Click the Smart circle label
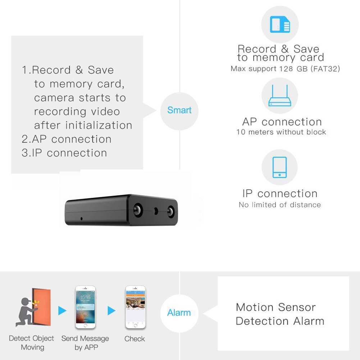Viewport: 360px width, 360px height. [x=179, y=110]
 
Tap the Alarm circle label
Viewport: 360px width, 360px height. [x=179, y=313]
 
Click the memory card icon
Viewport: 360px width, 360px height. [x=280, y=25]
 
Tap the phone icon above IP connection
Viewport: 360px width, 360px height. [x=279, y=167]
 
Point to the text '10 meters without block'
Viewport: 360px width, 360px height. [x=281, y=132]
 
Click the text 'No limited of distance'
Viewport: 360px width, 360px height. [x=279, y=205]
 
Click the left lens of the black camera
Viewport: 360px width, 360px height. [x=138, y=210]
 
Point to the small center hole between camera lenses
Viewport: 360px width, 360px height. [x=156, y=211]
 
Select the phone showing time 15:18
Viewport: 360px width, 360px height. [x=85, y=307]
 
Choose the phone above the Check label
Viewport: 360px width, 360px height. [x=135, y=307]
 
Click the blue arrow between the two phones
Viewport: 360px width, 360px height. [x=111, y=310]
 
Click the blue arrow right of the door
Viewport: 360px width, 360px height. [x=62, y=310]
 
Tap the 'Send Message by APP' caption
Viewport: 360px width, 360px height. [x=85, y=343]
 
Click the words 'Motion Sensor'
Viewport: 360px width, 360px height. [x=275, y=307]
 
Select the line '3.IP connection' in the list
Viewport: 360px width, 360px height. [x=64, y=153]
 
